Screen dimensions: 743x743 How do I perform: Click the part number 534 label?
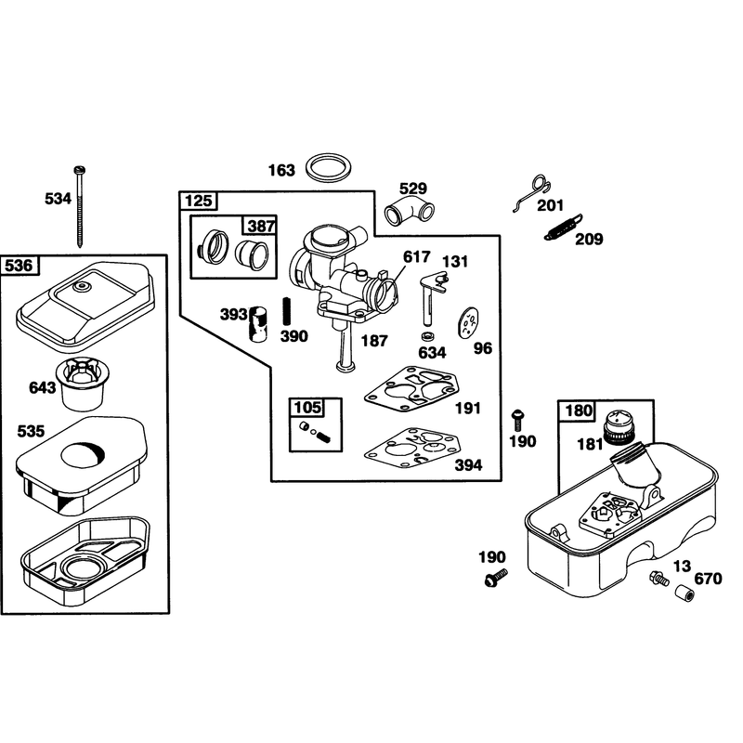click(58, 199)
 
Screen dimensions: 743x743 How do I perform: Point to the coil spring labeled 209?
click(563, 227)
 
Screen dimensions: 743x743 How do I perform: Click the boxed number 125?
click(199, 201)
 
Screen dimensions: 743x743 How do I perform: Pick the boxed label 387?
click(261, 226)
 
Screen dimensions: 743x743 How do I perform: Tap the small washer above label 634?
click(428, 336)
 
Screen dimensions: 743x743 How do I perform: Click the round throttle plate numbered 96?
click(468, 323)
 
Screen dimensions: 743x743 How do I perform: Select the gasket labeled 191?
click(411, 388)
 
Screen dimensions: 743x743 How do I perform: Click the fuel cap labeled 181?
click(619, 427)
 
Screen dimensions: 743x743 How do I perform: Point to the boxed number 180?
click(579, 410)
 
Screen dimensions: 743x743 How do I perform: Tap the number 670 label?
click(708, 578)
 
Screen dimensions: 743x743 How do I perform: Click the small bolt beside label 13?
click(659, 578)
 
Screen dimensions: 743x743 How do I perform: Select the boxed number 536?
click(19, 266)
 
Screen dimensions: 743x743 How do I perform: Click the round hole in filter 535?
click(83, 454)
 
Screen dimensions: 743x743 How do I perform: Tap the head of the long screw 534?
click(79, 169)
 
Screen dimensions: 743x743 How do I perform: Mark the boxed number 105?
click(307, 408)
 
